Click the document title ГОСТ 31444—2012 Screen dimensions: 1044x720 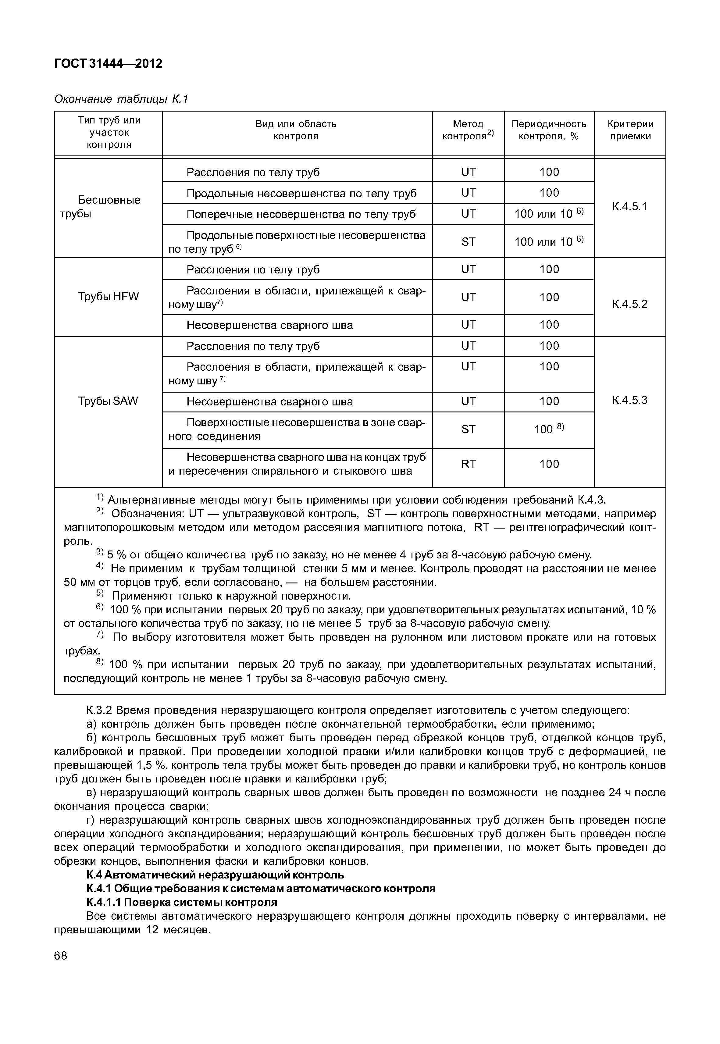[108, 64]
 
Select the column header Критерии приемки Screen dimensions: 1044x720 [630, 130]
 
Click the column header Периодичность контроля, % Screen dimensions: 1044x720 [549, 130]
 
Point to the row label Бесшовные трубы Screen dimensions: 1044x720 [108, 207]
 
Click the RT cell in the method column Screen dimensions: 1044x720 [468, 464]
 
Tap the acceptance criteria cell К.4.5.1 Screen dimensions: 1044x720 [630, 207]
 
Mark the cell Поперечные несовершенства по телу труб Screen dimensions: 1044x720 [301, 214]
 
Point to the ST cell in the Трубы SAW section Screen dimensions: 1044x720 [468, 429]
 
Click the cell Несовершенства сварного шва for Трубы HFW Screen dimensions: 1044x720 [269, 325]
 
